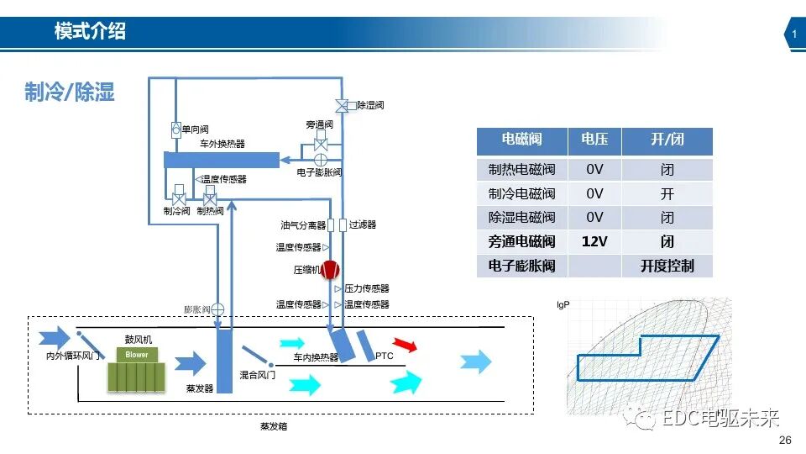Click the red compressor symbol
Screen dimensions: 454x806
pos(330,270)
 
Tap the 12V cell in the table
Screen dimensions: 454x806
pos(594,241)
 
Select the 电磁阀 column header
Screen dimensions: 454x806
pos(521,140)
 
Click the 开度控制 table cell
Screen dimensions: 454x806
pos(667,266)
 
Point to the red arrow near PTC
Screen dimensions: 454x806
pos(406,345)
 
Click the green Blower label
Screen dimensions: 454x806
pos(137,355)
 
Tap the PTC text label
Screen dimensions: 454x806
pos(385,356)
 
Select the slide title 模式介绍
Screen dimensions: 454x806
pos(90,32)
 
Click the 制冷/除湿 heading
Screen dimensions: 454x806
pos(69,92)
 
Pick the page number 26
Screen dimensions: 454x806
pos(786,441)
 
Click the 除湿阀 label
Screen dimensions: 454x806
pos(370,105)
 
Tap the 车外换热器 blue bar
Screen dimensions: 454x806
pos(221,159)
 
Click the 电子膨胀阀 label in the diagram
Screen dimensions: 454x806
pos(319,172)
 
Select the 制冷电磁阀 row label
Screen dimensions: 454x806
pos(521,193)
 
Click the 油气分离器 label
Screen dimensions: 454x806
pos(302,225)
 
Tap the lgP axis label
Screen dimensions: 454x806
pos(563,304)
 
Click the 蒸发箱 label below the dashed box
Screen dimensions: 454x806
pos(274,426)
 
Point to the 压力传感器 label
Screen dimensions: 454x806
pos(367,288)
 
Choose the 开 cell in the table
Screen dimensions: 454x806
pos(667,193)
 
